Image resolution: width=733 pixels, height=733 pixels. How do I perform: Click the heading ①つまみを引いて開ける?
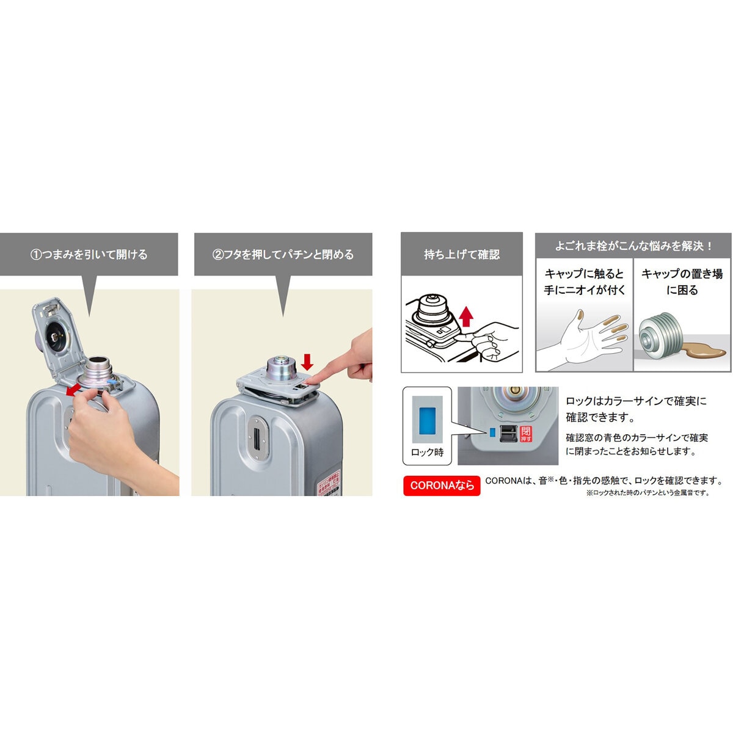pos(89,254)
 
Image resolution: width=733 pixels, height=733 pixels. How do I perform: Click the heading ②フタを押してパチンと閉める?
pos(283,254)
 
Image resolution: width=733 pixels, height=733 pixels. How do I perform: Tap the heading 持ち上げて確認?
pos(462,254)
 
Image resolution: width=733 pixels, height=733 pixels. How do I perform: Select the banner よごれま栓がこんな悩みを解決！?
pos(633,246)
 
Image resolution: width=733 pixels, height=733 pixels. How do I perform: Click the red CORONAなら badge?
pos(442,486)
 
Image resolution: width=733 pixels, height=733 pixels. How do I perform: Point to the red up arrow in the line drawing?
pos(466,318)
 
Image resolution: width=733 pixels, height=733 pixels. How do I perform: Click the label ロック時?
pos(427,453)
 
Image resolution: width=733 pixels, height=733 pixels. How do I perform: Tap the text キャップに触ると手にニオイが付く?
pos(585,282)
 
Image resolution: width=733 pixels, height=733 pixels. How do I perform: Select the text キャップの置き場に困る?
pos(682,282)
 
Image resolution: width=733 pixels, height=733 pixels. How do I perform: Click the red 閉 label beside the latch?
pos(526,434)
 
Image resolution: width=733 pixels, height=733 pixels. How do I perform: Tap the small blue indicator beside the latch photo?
pos(491,433)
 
